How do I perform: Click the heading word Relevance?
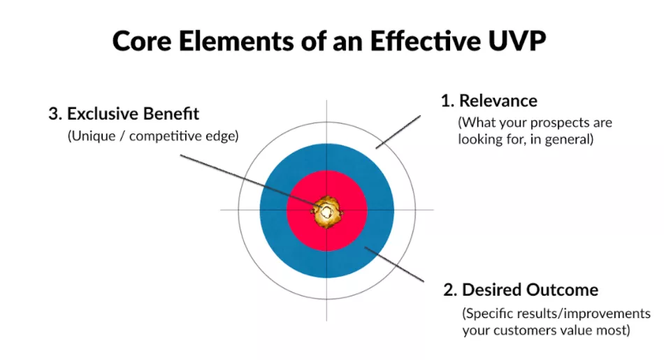[498, 101]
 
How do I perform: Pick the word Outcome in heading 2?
[563, 289]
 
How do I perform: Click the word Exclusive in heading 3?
[106, 113]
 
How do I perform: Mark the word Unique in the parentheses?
[92, 137]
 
